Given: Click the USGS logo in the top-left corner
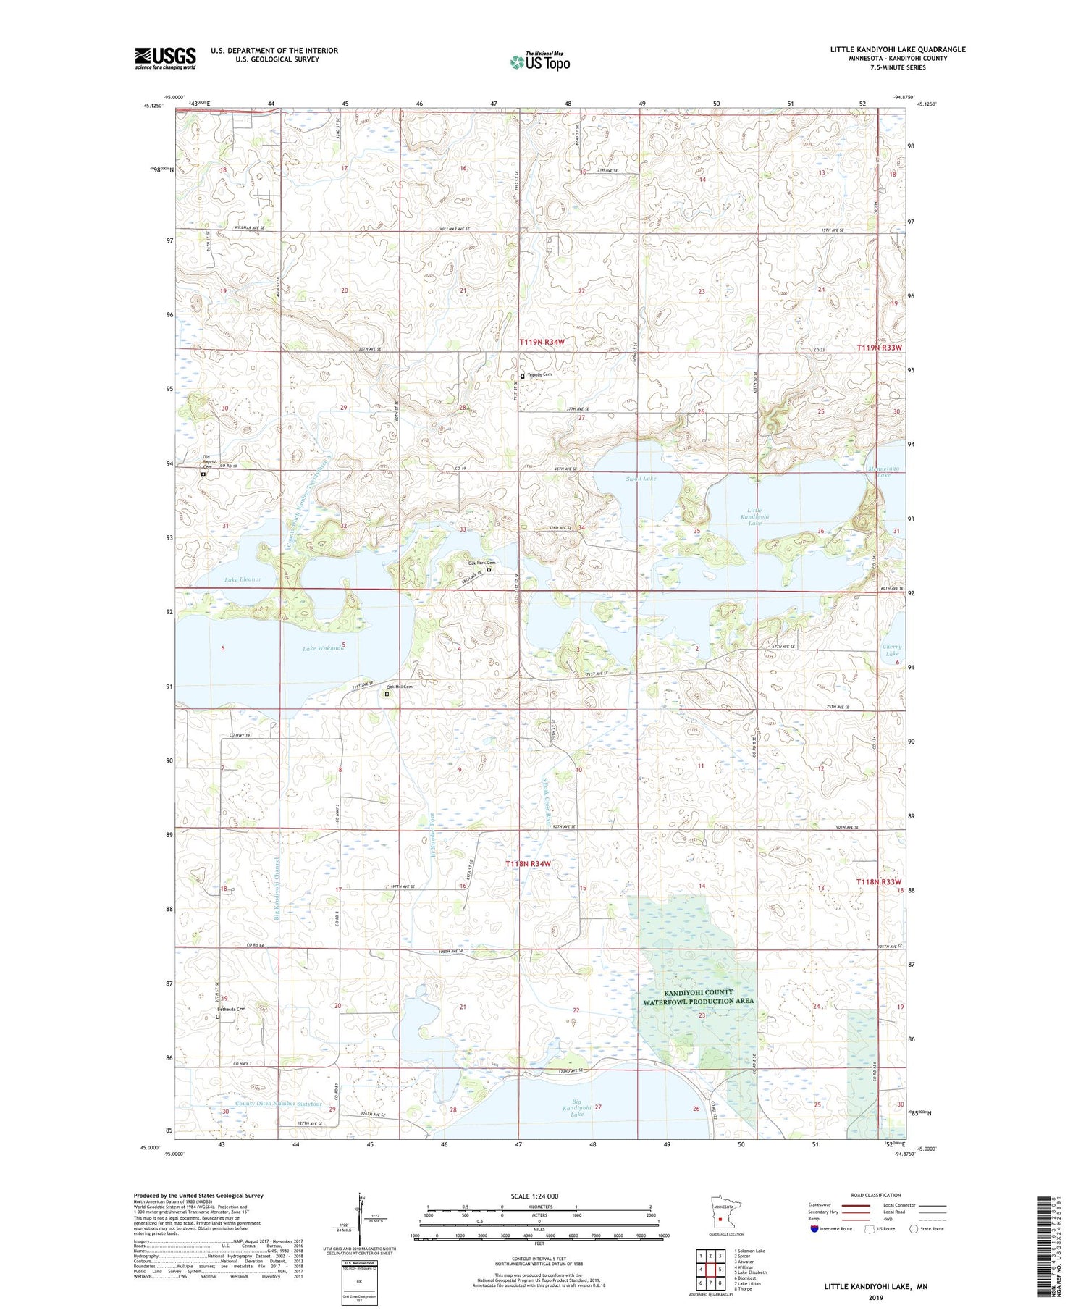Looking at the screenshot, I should [x=165, y=58].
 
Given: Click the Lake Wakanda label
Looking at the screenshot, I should [x=324, y=648].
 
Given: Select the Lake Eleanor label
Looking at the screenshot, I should [x=243, y=579].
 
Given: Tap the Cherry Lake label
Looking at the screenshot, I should [x=892, y=650].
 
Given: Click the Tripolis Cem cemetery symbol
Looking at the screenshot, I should [x=523, y=376].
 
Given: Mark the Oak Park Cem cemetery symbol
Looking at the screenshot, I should [x=489, y=570].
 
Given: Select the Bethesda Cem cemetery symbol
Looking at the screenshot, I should [x=218, y=1016].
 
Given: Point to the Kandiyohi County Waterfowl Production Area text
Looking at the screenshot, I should [x=699, y=997].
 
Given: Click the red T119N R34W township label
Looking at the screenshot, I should [x=542, y=341].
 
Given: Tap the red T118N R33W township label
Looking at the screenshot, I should [x=880, y=881].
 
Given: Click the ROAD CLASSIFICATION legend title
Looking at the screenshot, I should [x=876, y=1195].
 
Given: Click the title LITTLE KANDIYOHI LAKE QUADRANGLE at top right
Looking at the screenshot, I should [x=898, y=49].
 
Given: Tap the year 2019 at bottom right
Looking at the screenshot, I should [x=875, y=1297].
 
